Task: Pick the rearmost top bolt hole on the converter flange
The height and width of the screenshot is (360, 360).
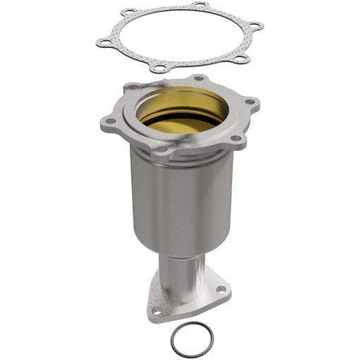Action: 202,77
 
